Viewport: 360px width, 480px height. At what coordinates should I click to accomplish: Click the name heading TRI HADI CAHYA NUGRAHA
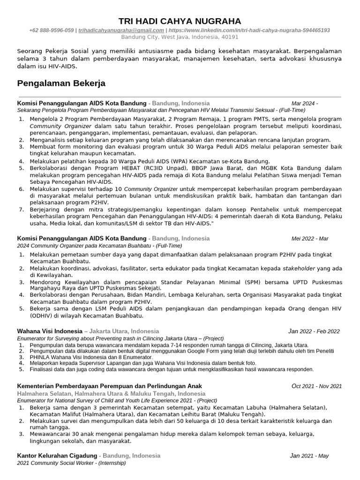pyautogui.click(x=180, y=21)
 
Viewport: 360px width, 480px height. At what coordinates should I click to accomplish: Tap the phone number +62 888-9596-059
pyautogui.click(x=52, y=30)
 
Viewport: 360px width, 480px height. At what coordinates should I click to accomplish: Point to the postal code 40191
pyautogui.click(x=230, y=37)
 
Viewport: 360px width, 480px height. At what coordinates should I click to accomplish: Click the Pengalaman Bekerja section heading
pyautogui.click(x=61, y=83)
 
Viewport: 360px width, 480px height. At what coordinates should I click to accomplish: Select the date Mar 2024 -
pyautogui.click(x=305, y=103)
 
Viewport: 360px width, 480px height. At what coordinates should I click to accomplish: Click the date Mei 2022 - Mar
pyautogui.click(x=310, y=238)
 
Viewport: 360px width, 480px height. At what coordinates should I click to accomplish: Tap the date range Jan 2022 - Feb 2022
pyautogui.click(x=314, y=331)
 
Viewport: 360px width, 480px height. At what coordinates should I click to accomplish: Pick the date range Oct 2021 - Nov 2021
pyautogui.click(x=317, y=386)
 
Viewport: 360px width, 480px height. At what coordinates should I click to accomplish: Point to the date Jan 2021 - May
pyautogui.click(x=309, y=456)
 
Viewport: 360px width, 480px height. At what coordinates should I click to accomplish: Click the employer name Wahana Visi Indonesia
pyautogui.click(x=49, y=331)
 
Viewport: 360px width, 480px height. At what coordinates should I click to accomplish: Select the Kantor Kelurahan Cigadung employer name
pyautogui.click(x=57, y=456)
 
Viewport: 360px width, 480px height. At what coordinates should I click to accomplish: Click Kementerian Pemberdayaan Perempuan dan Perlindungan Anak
pyautogui.click(x=110, y=386)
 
